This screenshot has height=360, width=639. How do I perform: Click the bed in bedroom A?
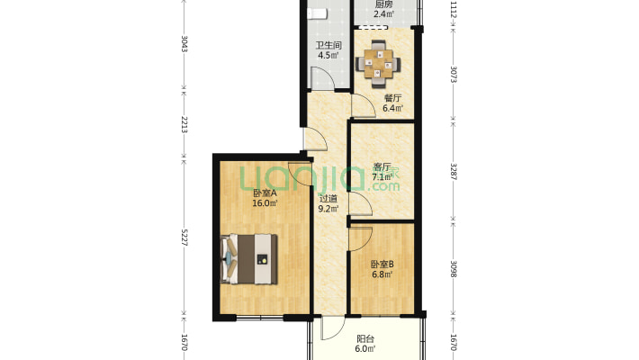coord(249,259)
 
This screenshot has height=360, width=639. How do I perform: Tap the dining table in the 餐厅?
coord(378,64)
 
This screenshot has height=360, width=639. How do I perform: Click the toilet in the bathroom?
coord(317,13)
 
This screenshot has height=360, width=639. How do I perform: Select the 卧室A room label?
coord(265,193)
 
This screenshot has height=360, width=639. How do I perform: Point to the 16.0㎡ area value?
coord(265,203)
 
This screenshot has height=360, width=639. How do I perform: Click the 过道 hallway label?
coord(328,199)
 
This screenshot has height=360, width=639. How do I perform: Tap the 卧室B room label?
coord(382,265)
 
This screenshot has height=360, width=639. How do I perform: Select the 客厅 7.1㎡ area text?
coord(382,177)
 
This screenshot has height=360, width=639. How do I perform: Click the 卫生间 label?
coord(328,45)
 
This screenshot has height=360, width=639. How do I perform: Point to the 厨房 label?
coord(384,4)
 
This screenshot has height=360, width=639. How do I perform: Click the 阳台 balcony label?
coord(365,338)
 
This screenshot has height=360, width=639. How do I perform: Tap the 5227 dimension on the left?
coord(184,237)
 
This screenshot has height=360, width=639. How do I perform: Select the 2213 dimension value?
coord(184,124)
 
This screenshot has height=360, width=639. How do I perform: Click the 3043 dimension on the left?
coord(184,44)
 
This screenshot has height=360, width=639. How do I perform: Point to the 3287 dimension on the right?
coord(454,172)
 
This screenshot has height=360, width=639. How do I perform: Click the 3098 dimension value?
coord(454,269)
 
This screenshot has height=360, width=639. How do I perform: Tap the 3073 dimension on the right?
coord(454,74)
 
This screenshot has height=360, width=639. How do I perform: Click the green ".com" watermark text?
coord(383,186)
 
